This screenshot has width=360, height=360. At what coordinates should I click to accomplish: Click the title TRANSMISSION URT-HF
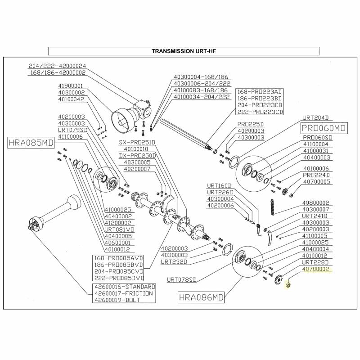[x=184, y=51]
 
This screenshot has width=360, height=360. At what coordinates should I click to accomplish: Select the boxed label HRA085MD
[x=31, y=143]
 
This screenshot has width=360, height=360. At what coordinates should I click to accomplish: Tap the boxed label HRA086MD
[x=201, y=297]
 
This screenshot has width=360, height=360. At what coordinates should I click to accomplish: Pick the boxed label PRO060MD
[x=324, y=128]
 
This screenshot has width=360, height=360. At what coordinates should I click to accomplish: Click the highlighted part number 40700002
[x=316, y=269]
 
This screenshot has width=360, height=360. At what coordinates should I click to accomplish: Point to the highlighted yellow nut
[x=288, y=285]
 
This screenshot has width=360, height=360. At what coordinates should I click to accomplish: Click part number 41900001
[x=70, y=86]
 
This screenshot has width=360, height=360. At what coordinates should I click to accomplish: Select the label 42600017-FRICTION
[x=124, y=293]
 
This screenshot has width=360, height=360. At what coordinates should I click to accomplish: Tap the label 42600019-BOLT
[x=117, y=300]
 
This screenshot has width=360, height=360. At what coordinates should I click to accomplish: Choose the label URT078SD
[x=182, y=279]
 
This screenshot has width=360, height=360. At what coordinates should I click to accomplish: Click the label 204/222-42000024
[x=57, y=66]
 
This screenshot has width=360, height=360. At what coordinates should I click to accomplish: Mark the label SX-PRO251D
[x=137, y=142]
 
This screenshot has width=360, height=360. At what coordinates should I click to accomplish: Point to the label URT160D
[x=219, y=185]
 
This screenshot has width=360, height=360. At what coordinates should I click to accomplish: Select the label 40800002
[x=316, y=203]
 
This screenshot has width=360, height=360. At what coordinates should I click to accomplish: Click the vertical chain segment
[x=273, y=207]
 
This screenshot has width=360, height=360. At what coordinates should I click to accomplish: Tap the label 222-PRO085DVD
[x=119, y=278]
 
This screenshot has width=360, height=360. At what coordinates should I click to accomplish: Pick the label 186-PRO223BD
[x=260, y=99]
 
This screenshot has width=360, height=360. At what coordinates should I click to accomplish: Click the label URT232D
[x=174, y=262]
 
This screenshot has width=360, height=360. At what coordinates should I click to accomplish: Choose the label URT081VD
[x=120, y=229]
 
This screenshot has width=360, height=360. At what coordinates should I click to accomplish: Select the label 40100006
[x=316, y=168]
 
